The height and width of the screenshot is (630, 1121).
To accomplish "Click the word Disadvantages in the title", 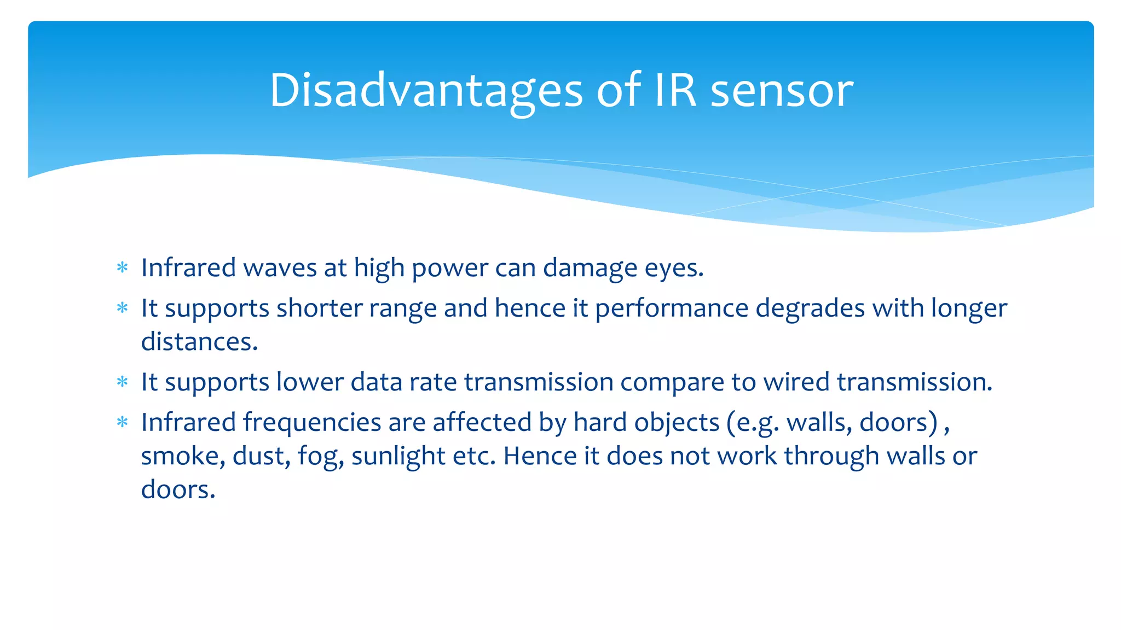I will [x=426, y=90].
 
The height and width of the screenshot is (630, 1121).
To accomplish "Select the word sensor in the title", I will [x=782, y=90].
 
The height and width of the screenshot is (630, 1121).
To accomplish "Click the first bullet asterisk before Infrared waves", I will [x=123, y=267].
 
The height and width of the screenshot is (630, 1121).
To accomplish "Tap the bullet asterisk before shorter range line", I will [x=123, y=308].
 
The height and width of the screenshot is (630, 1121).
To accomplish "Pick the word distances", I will [x=199, y=342].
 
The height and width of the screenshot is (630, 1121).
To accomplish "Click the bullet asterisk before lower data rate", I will [x=123, y=382].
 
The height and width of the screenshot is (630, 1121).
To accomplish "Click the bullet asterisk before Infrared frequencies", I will [x=123, y=422].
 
